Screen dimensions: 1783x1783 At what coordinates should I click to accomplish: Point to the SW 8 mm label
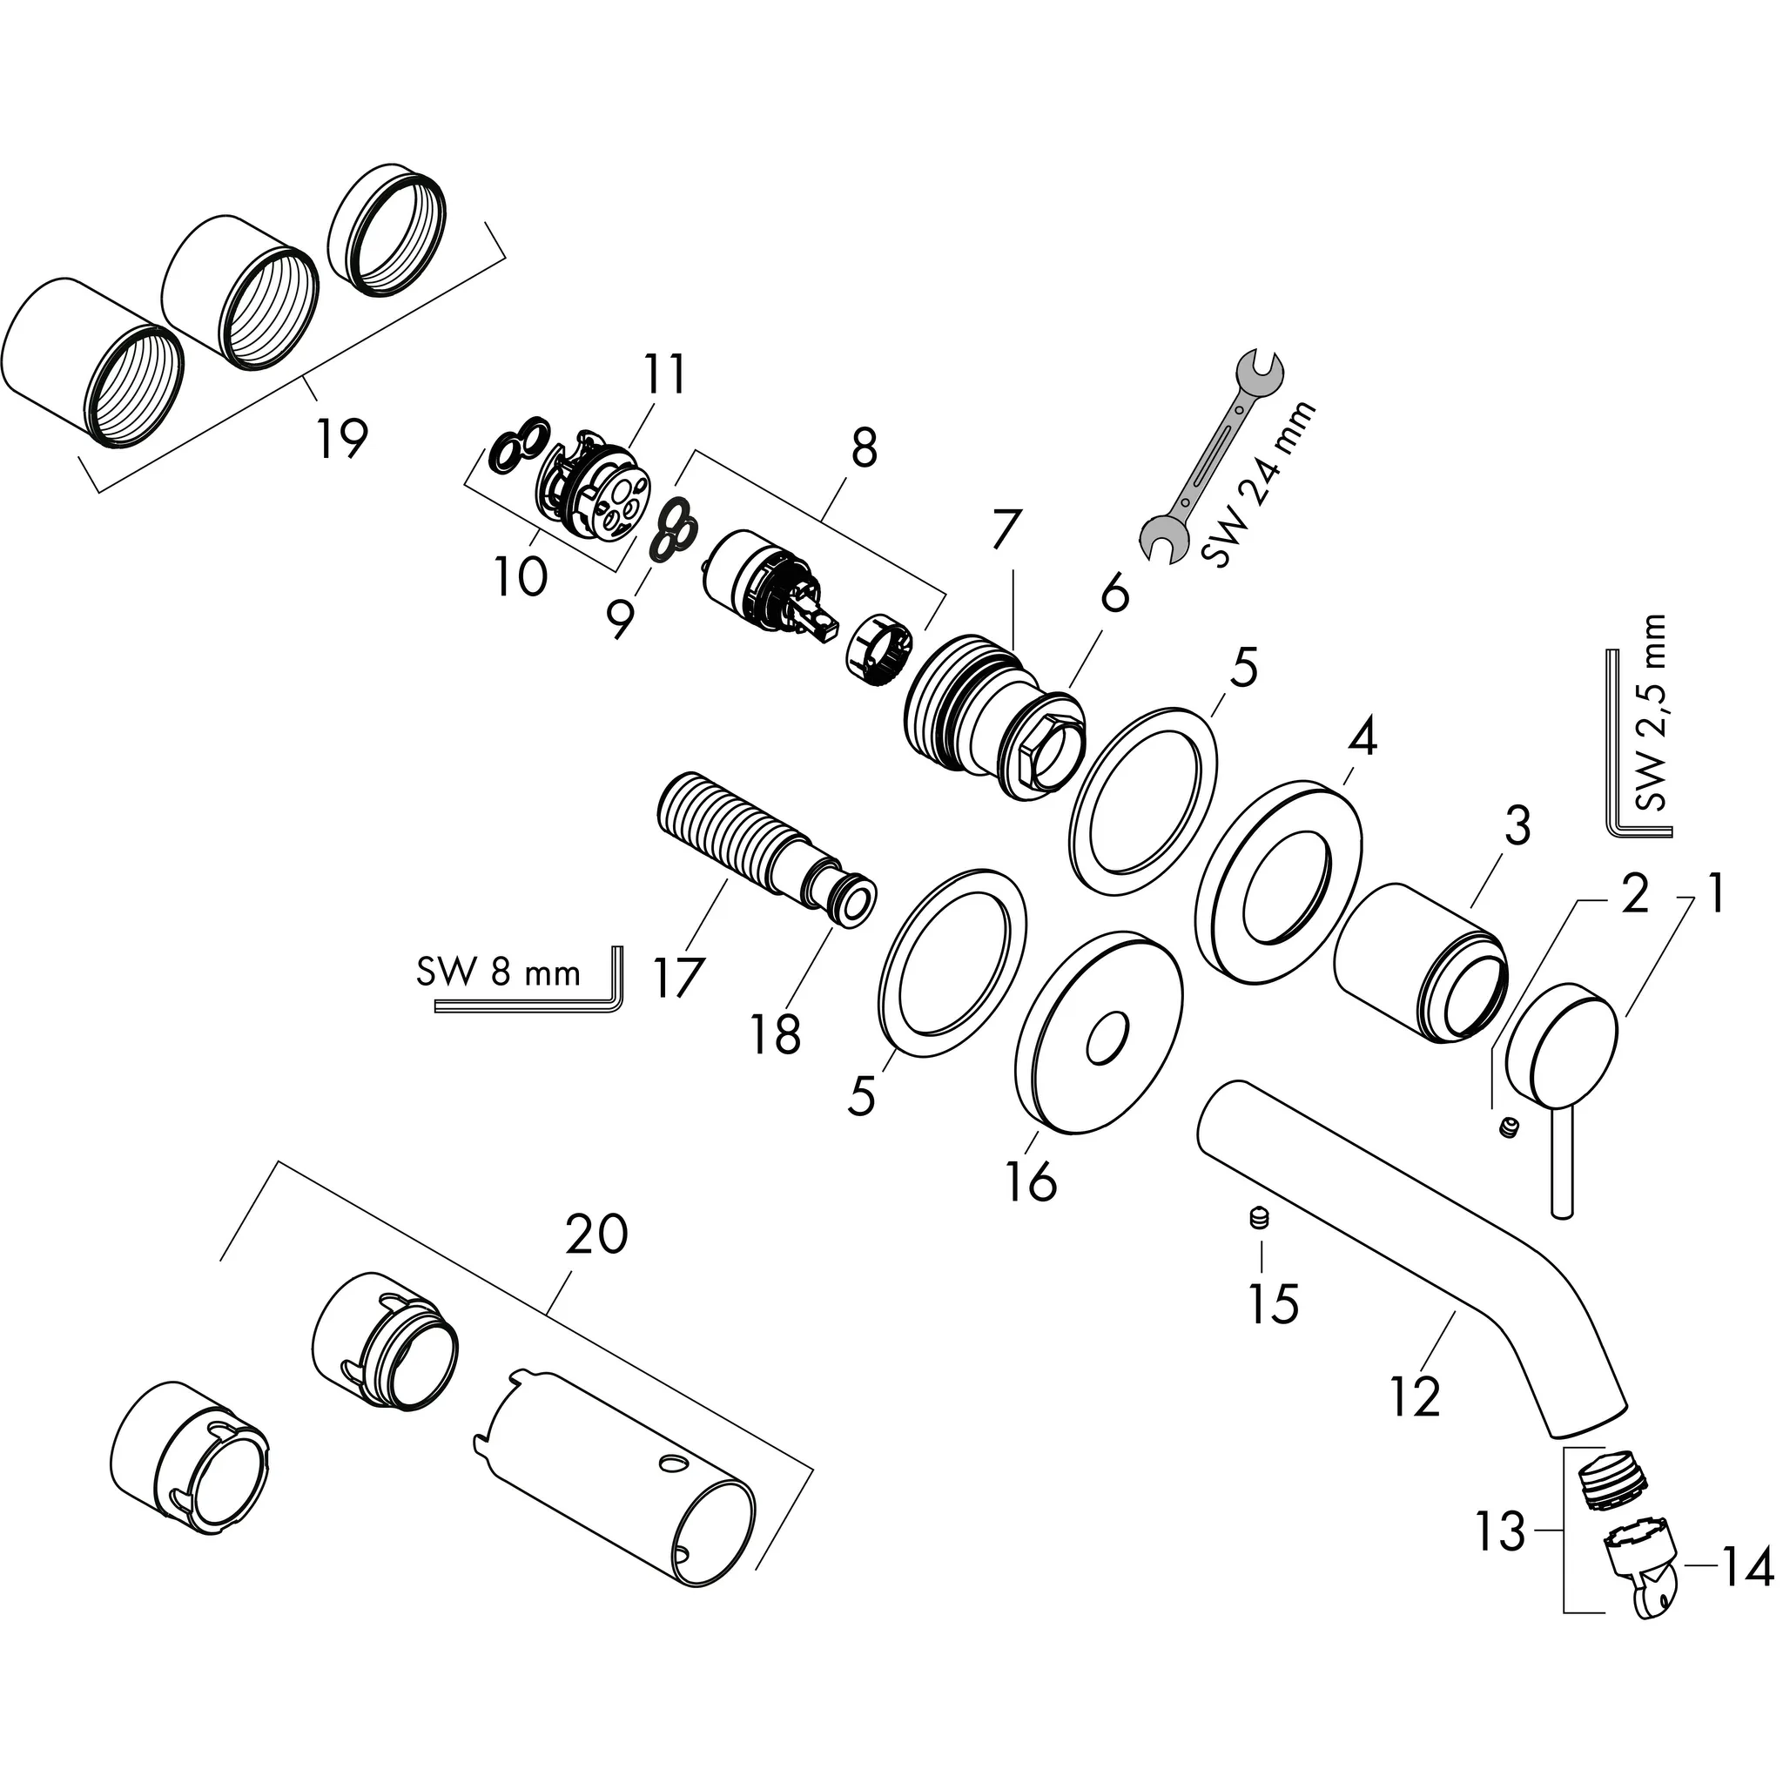coord(498,972)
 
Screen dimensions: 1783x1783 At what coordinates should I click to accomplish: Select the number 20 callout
coord(597,1235)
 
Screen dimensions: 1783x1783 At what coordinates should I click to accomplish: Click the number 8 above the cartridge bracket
coord(863,449)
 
